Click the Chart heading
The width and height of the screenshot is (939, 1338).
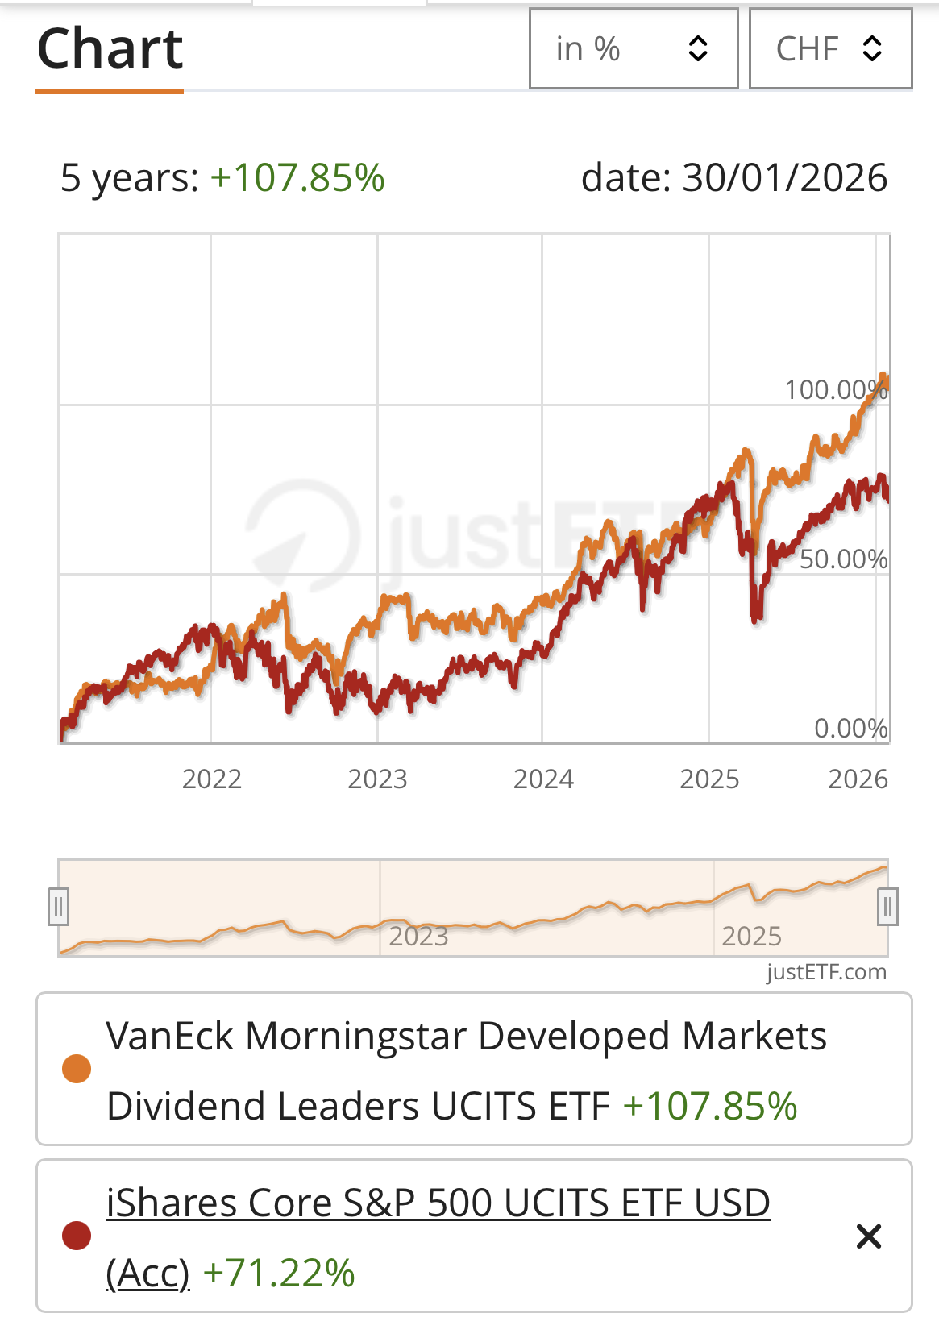click(110, 49)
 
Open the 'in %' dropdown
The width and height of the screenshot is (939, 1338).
click(634, 49)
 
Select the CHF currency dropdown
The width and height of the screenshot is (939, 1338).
click(830, 49)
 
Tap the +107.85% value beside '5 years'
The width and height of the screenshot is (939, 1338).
click(297, 178)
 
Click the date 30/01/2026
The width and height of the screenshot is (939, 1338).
click(784, 178)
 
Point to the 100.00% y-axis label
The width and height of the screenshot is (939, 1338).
click(836, 390)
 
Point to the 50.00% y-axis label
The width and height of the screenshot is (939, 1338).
click(843, 559)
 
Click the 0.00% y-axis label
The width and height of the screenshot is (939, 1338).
click(850, 729)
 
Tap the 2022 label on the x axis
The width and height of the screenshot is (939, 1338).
click(212, 779)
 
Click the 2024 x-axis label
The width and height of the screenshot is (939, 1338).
click(543, 779)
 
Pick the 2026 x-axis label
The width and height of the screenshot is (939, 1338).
click(858, 779)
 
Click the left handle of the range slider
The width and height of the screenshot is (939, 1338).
click(58, 908)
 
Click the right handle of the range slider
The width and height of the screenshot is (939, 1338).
click(887, 908)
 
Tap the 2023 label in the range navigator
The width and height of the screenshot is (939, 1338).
click(418, 937)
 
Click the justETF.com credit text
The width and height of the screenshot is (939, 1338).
click(826, 972)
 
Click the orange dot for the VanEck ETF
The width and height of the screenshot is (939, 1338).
click(77, 1069)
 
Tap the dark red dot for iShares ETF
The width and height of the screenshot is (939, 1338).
click(77, 1236)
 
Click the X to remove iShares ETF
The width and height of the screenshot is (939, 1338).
click(869, 1236)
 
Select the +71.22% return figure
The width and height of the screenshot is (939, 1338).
click(279, 1274)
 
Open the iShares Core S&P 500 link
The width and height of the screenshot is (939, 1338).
click(438, 1203)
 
